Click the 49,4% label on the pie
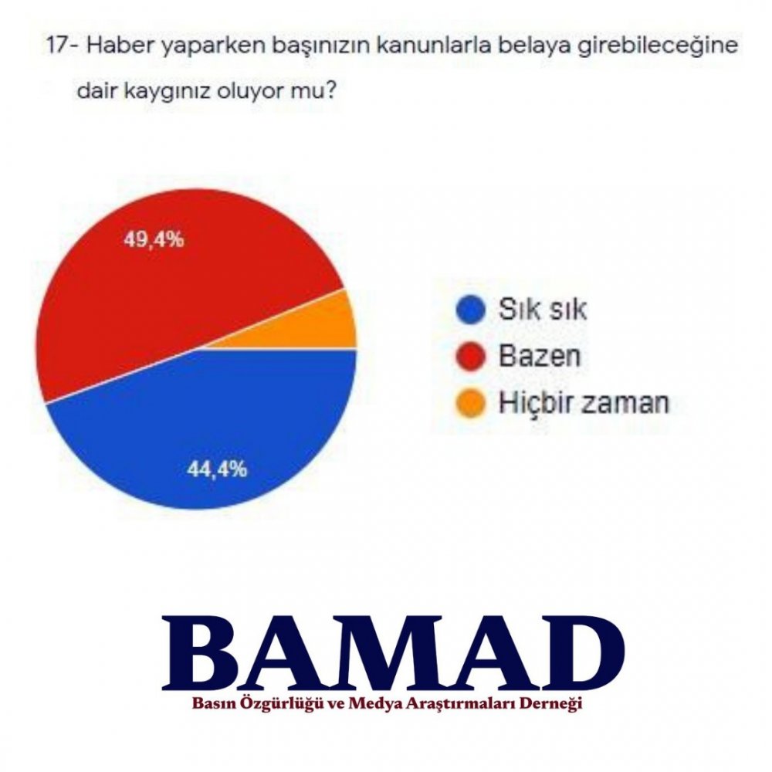point(154,240)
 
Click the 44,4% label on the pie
point(217,469)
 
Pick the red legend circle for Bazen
point(471,356)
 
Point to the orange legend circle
point(471,402)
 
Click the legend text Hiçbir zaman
point(584,402)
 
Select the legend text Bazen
point(540,355)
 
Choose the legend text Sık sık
point(543,310)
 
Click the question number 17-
point(63,46)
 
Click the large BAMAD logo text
point(394,652)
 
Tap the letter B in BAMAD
point(205,653)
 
